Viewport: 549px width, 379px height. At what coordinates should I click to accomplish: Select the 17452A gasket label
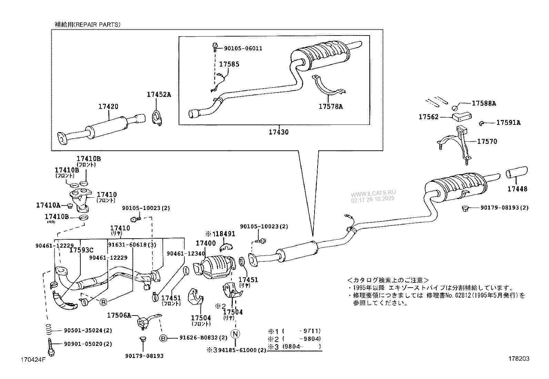click(x=159, y=94)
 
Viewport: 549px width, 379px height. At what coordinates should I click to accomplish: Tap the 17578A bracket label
click(x=330, y=107)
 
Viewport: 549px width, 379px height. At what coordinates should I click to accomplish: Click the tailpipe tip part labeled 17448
click(x=516, y=172)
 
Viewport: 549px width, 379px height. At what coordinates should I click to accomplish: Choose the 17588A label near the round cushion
click(x=484, y=103)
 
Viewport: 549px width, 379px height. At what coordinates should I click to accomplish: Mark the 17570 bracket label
click(x=487, y=141)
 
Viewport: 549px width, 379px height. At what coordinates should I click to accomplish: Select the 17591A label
click(x=508, y=122)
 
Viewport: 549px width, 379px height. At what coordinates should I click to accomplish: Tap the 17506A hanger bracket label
click(x=119, y=315)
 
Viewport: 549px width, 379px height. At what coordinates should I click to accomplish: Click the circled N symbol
click(x=235, y=333)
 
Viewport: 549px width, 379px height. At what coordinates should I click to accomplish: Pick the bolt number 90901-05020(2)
click(x=88, y=344)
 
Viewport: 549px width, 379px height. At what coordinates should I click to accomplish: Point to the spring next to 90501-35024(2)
click(x=50, y=330)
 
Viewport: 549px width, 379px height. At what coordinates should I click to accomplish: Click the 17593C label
click(x=81, y=250)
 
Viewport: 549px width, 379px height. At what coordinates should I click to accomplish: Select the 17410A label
click(x=48, y=205)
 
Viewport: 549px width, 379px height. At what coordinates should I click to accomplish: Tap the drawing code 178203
click(x=518, y=359)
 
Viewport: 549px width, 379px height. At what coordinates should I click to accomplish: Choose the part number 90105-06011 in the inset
click(x=243, y=49)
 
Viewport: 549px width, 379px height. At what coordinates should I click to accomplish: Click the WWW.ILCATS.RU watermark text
click(x=373, y=193)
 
